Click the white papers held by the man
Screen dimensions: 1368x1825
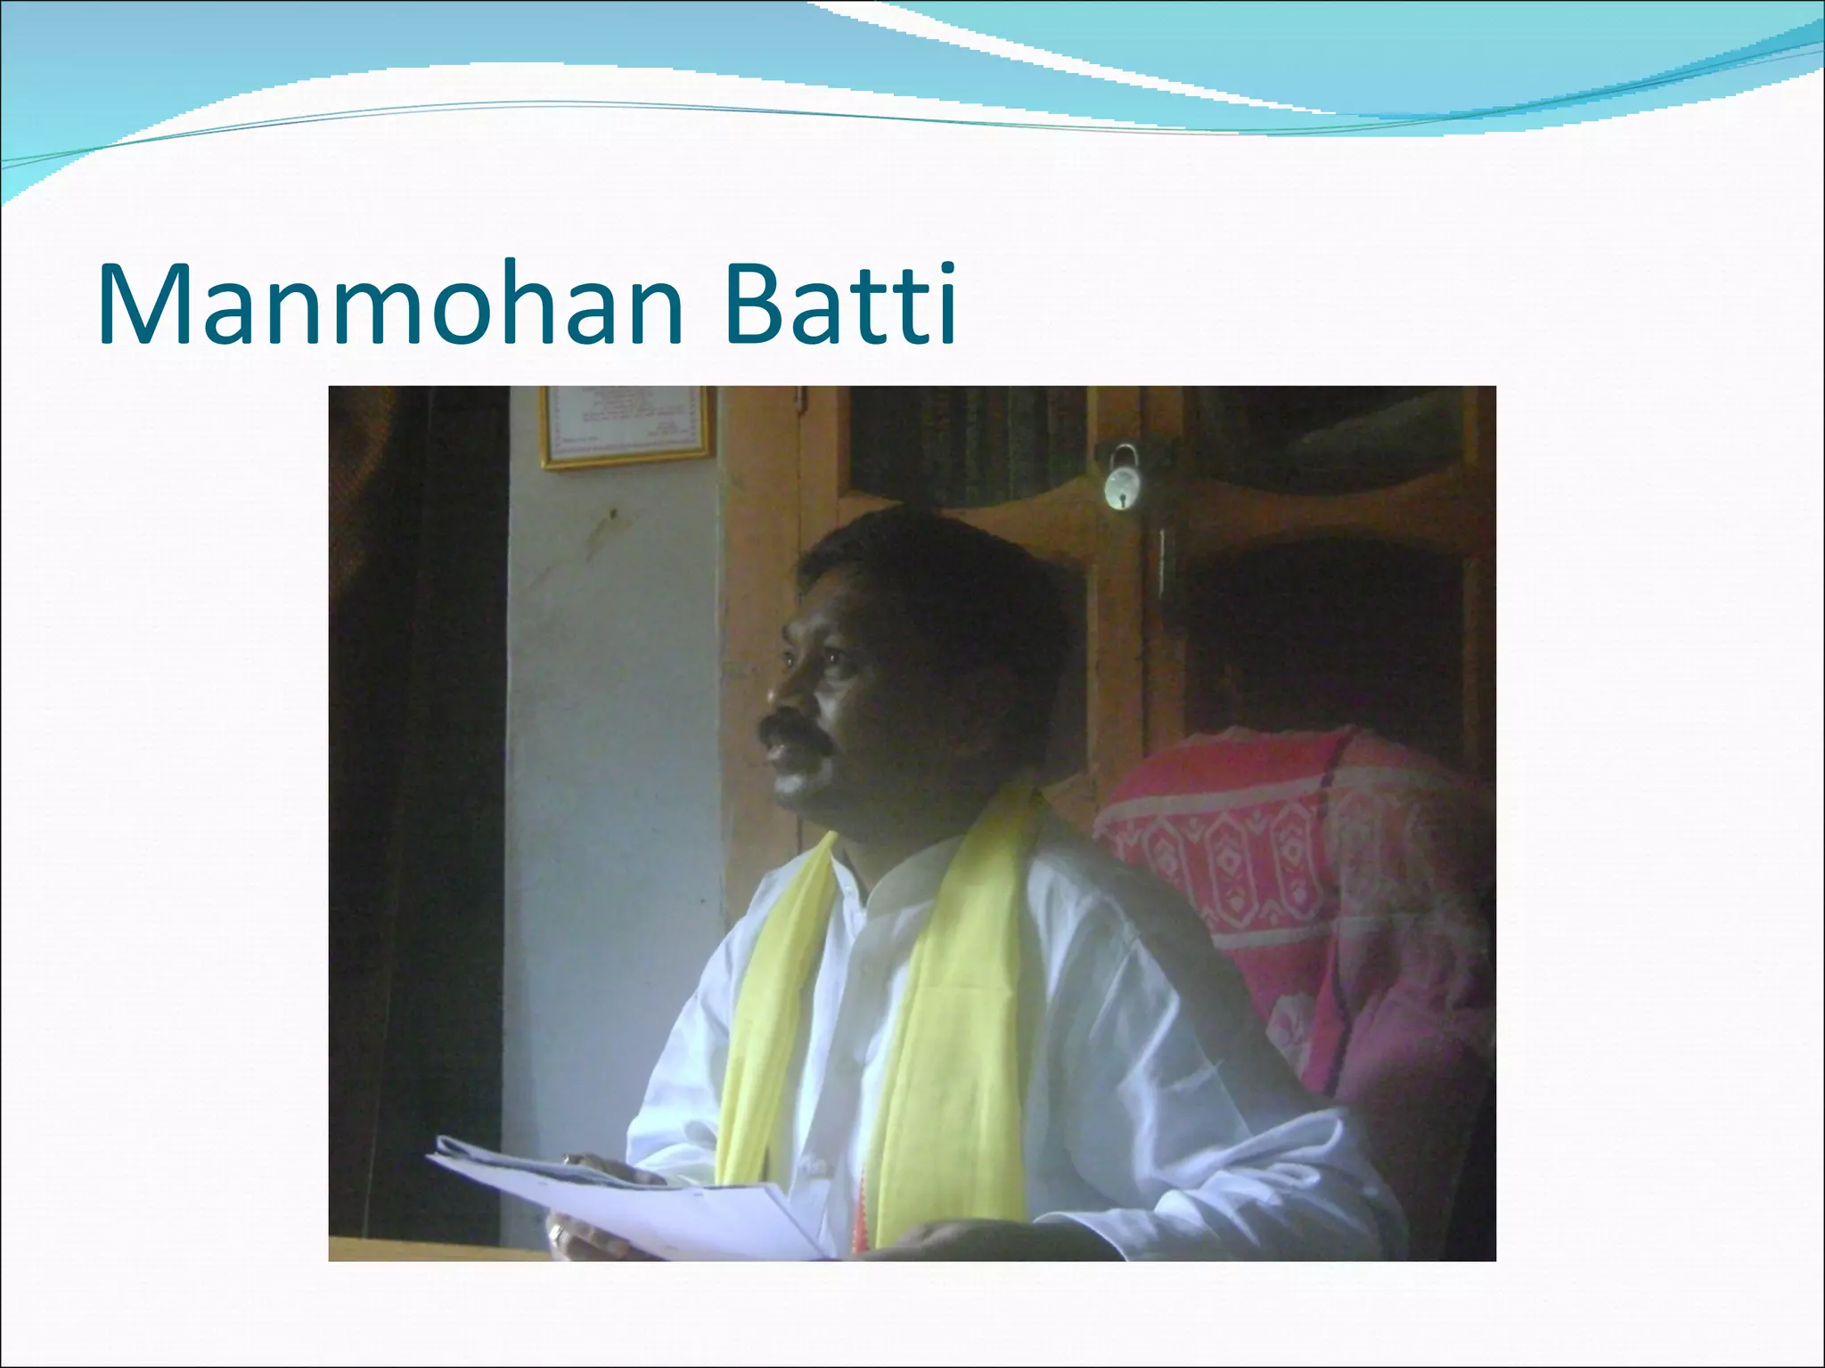pyautogui.click(x=624, y=1198)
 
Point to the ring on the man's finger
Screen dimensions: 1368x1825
pyautogui.click(x=556, y=1234)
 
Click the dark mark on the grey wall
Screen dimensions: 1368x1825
pyautogui.click(x=611, y=514)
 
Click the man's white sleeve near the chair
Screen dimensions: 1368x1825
pyautogui.click(x=1248, y=1113)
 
